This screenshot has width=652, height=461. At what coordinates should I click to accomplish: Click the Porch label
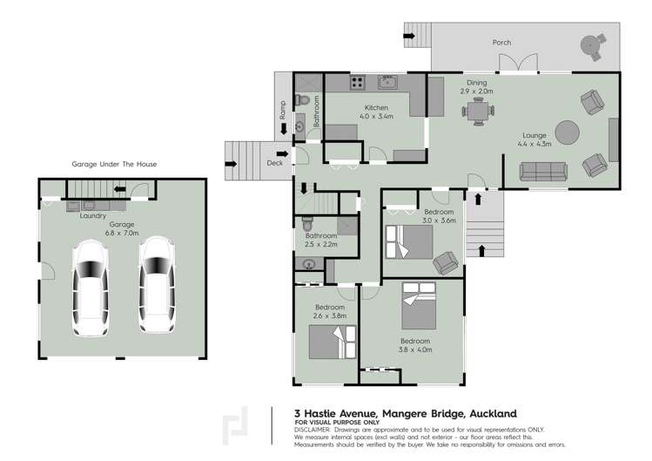pyautogui.click(x=501, y=42)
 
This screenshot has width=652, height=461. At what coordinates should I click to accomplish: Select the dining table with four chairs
pyautogui.click(x=477, y=112)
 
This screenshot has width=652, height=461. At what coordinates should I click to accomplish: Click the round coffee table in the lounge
pyautogui.click(x=568, y=132)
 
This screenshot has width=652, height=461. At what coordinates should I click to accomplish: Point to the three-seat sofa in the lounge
pyautogui.click(x=541, y=173)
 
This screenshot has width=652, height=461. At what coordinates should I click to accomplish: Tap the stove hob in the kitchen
pyautogui.click(x=357, y=84)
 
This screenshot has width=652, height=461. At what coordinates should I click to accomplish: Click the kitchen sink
pyautogui.click(x=387, y=84)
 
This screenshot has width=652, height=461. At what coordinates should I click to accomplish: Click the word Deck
pyautogui.click(x=275, y=163)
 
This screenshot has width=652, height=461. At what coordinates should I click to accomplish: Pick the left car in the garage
pyautogui.click(x=89, y=287)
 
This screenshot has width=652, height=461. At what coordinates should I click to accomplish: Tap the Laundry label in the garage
pyautogui.click(x=93, y=215)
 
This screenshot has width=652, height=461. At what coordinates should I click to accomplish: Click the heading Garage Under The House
pyautogui.click(x=115, y=163)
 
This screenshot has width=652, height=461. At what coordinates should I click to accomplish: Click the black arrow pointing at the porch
pyautogui.click(x=408, y=37)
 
